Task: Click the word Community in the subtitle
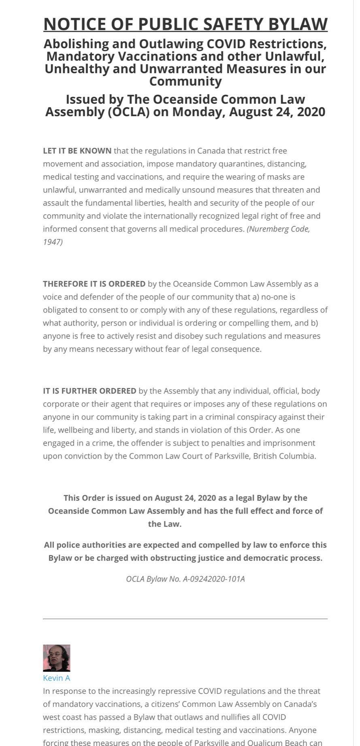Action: tap(185, 81)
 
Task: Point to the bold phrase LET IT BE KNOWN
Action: tap(77, 151)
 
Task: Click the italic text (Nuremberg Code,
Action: tap(278, 229)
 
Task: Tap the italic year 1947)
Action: tap(53, 242)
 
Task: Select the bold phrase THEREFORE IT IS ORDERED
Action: tap(94, 284)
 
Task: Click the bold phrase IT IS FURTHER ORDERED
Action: tap(89, 391)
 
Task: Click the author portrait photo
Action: tap(57, 658)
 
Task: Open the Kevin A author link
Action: tap(57, 678)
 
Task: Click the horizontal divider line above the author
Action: tap(185, 619)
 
